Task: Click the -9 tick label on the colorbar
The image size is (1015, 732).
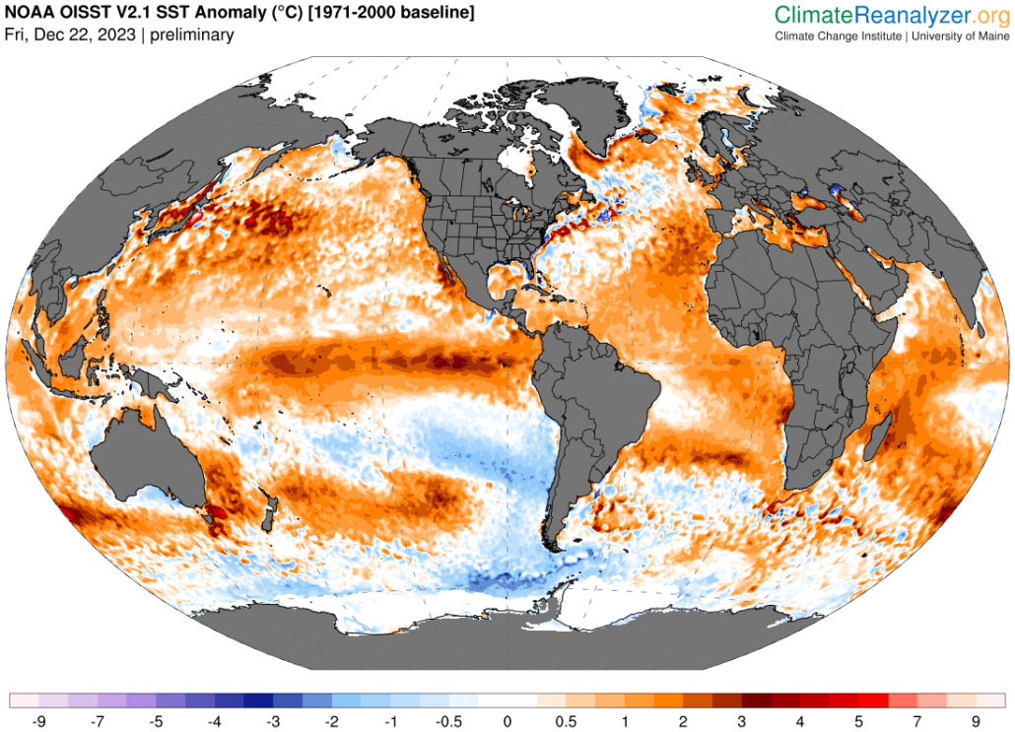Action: point(39,721)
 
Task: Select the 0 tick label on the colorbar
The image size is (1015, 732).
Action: point(507,721)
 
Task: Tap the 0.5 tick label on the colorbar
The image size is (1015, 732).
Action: point(566,721)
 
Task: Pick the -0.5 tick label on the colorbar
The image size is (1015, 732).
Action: point(448,721)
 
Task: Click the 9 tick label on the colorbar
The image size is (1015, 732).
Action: point(976,721)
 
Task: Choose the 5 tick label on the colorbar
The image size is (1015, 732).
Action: point(858,721)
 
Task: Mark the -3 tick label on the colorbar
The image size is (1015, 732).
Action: point(273,721)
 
